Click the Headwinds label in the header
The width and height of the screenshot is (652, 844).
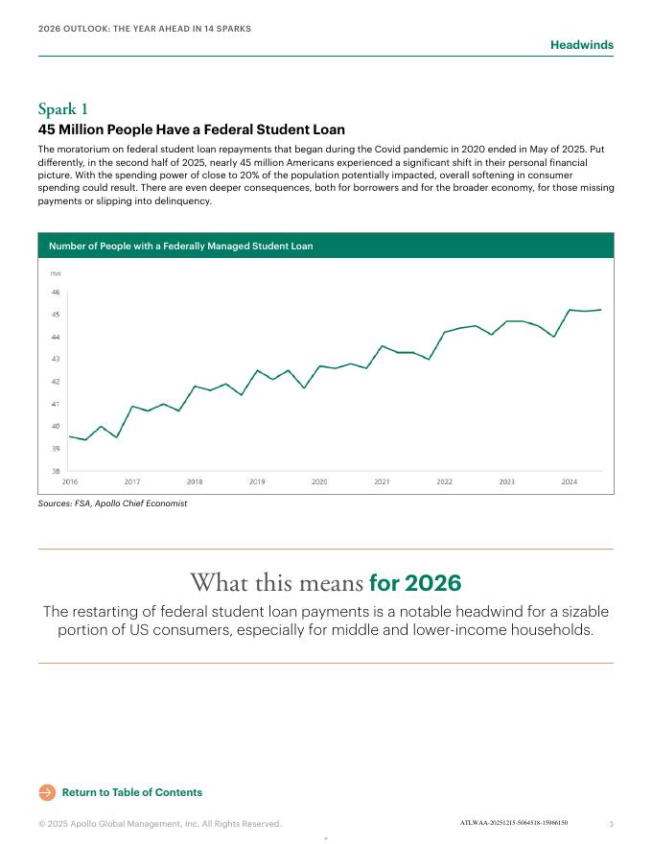[x=581, y=45]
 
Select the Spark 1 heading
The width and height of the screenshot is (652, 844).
[x=63, y=108]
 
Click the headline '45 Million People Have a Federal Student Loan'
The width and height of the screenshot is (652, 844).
[x=191, y=129]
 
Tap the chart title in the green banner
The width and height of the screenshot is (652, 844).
[x=180, y=246]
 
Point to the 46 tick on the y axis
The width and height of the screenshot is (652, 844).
[x=55, y=293]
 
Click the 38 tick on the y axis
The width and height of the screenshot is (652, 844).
[x=55, y=471]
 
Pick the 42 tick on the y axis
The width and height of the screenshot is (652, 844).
[x=55, y=382]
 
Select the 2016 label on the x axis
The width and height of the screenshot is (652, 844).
[x=70, y=481]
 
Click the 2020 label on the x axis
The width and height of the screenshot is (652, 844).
[x=319, y=481]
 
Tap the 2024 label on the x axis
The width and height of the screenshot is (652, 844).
[x=569, y=481]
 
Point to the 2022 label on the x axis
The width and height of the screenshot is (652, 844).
[x=444, y=481]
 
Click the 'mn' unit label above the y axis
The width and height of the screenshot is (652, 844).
[x=55, y=274]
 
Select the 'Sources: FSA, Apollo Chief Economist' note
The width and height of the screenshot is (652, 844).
[x=112, y=504]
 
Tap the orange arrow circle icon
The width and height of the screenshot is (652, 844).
[x=47, y=792]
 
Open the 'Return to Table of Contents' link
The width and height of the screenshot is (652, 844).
[x=131, y=792]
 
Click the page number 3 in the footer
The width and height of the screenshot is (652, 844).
[x=611, y=824]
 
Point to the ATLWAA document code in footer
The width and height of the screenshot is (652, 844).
[x=513, y=823]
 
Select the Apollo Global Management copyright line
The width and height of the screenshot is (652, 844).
[x=159, y=824]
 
